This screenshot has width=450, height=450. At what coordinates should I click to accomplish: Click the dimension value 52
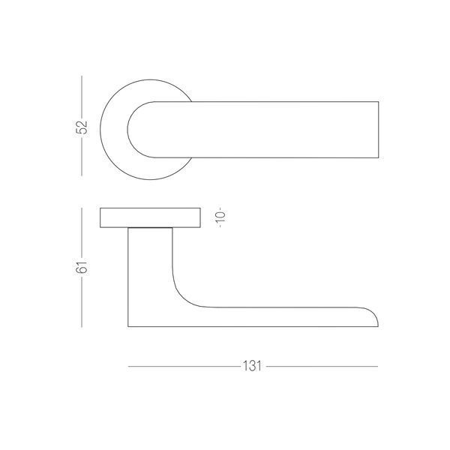click(82, 127)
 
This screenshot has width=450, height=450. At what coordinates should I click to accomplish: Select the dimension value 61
click(82, 268)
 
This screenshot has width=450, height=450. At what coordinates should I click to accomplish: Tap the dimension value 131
click(252, 366)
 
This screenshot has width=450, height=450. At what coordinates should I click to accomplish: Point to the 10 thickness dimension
click(220, 217)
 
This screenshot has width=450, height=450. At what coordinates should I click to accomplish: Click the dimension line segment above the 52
click(82, 97)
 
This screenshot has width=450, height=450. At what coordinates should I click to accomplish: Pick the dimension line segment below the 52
click(82, 156)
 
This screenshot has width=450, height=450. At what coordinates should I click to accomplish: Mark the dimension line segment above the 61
click(82, 233)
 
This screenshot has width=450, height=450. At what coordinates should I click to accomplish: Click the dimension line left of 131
click(184, 367)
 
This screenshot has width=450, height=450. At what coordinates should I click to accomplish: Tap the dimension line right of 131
click(322, 367)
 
